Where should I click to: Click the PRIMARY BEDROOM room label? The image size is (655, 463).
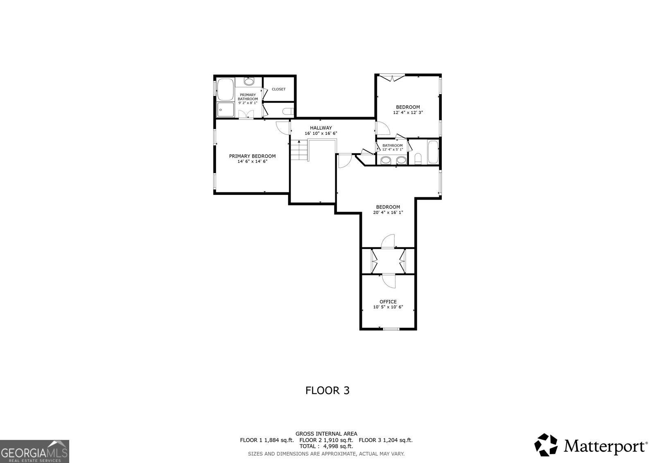click(x=252, y=156)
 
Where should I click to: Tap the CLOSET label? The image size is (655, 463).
click(x=278, y=89)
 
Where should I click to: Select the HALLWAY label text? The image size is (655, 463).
click(x=321, y=128)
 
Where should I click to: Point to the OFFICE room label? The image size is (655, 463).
click(x=388, y=302)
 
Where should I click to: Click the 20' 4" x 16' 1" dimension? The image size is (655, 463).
click(x=388, y=212)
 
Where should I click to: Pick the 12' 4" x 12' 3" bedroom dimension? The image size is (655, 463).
click(x=408, y=112)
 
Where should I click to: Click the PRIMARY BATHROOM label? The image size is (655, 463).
click(x=248, y=97)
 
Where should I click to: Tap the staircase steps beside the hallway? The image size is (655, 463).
click(x=299, y=150)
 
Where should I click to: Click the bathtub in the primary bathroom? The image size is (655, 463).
click(x=226, y=89)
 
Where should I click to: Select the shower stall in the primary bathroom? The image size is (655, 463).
click(x=226, y=109)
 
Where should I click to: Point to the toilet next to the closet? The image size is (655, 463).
click(x=288, y=111)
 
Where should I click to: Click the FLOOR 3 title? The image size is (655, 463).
click(x=327, y=391)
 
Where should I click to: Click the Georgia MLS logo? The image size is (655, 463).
click(x=34, y=451)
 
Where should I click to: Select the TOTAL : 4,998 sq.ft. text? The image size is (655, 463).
click(x=326, y=446)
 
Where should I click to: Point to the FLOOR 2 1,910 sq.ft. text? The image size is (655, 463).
click(x=326, y=440)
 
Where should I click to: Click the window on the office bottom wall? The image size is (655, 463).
click(x=391, y=329)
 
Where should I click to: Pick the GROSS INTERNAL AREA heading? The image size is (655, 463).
click(x=326, y=434)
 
